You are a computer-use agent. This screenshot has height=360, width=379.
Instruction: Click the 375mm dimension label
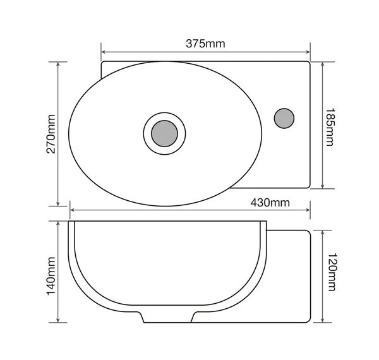coord(205,44)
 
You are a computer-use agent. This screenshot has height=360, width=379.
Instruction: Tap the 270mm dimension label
coord(51,134)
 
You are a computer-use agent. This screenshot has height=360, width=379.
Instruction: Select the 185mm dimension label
coord(330,127)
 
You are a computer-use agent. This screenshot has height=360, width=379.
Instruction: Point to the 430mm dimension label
coord(270,203)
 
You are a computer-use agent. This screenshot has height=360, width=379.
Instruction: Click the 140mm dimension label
coord(51,276)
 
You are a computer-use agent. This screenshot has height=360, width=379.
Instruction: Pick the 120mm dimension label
coord(332,272)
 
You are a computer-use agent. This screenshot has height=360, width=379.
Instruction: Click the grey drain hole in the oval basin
coord(164,134)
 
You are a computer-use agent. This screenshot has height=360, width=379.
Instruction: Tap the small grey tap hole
coord(284,118)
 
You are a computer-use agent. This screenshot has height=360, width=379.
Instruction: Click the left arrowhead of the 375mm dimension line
coord(103,52)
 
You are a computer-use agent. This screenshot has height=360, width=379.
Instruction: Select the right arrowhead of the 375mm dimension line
coord(308,52)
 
